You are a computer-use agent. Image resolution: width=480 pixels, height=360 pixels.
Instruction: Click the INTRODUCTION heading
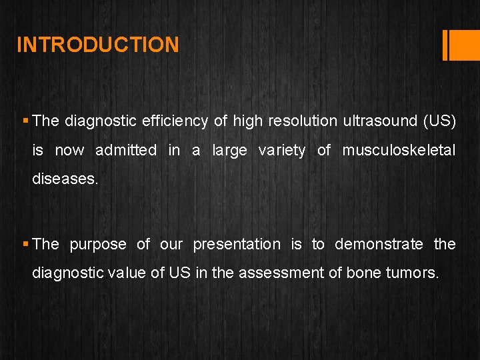click(97, 45)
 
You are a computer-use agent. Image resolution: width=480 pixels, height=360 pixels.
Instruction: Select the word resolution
click(303, 121)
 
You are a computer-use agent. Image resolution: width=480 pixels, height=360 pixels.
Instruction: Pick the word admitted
click(126, 151)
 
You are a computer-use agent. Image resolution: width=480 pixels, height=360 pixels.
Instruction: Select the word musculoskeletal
click(399, 151)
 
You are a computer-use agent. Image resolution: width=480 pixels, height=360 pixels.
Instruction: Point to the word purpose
click(97, 245)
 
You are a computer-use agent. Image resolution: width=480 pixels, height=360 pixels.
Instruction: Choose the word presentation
click(237, 245)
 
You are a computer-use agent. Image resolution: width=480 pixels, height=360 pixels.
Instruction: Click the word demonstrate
click(379, 245)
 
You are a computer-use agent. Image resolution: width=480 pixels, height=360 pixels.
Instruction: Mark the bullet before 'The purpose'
click(25, 245)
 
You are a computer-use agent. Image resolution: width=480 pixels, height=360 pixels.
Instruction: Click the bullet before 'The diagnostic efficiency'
click(25, 121)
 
